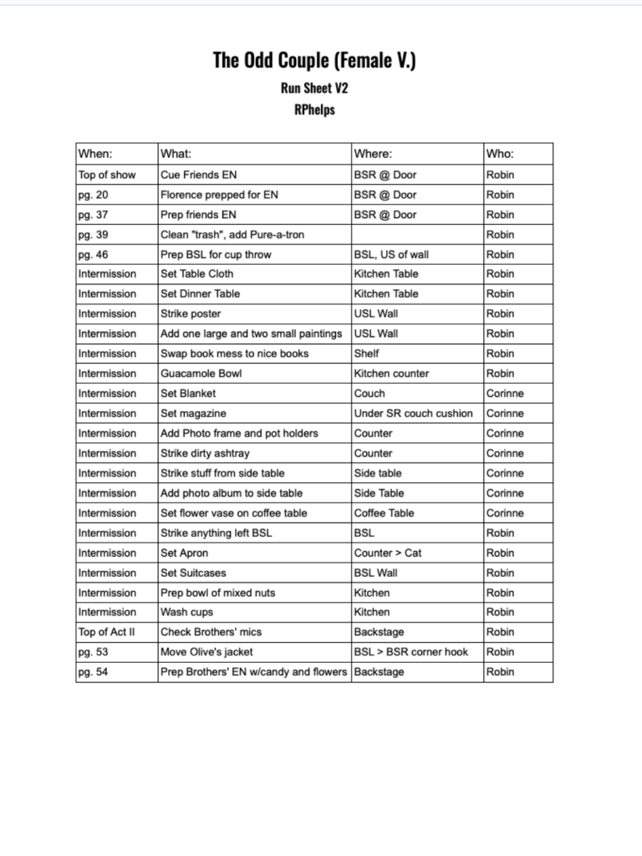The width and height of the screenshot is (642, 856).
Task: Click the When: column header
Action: (95, 154)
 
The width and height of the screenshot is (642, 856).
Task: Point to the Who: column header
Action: (500, 154)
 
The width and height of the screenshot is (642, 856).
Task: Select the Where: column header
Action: (373, 154)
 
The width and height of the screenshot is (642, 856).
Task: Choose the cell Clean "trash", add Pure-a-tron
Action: (232, 235)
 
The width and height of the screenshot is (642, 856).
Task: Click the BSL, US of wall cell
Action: (391, 255)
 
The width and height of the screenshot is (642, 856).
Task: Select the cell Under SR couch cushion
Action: (413, 414)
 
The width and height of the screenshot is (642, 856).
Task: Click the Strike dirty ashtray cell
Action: (205, 453)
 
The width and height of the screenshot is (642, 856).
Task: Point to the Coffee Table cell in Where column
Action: (384, 513)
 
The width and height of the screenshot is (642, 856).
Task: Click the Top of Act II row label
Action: (106, 633)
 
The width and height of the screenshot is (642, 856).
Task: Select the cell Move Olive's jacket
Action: (206, 652)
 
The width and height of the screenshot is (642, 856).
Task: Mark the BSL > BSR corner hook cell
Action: (410, 652)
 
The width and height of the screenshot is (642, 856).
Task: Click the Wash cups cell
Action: (186, 613)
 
